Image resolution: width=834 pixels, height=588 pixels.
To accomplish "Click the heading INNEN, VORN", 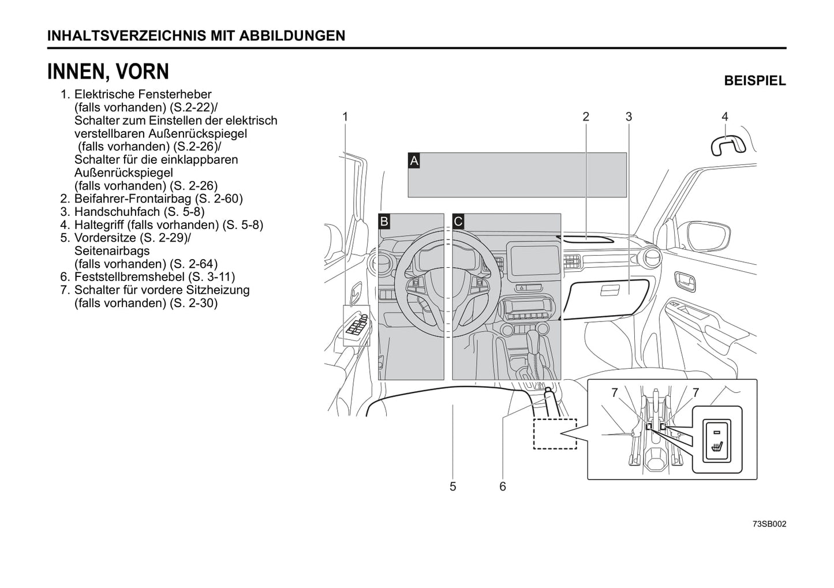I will pyautogui.click(x=108, y=72).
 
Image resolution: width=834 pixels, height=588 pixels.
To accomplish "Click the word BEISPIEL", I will pyautogui.click(x=754, y=81).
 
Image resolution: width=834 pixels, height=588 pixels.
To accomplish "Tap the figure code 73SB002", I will pyautogui.click(x=769, y=524).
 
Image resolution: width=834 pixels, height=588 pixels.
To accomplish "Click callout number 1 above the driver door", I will pyautogui.click(x=345, y=117).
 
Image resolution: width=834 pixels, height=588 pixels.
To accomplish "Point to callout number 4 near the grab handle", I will pyautogui.click(x=725, y=117).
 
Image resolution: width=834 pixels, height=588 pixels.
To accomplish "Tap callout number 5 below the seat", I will pyautogui.click(x=452, y=486).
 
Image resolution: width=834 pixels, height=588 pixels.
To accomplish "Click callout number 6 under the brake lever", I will pyautogui.click(x=503, y=486).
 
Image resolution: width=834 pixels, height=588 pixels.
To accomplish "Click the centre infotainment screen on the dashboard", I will pyautogui.click(x=532, y=259).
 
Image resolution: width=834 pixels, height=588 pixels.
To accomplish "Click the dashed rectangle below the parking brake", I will pyautogui.click(x=555, y=433).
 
